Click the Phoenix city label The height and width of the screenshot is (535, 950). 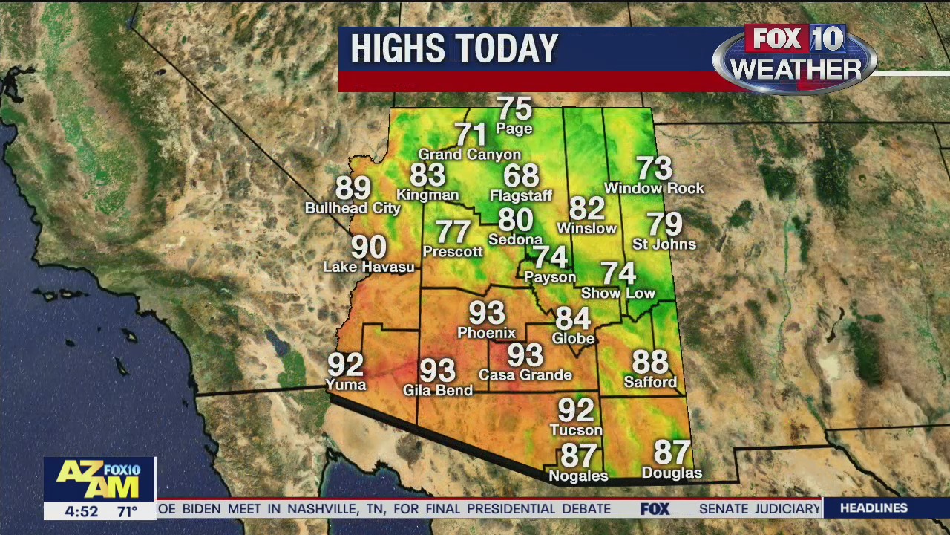[486, 333]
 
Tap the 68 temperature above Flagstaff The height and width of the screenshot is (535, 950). [521, 176]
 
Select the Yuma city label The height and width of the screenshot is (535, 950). [346, 384]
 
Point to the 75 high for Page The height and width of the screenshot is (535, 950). [514, 108]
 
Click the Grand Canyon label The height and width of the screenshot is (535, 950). [470, 155]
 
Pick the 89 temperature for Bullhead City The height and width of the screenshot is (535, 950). [353, 188]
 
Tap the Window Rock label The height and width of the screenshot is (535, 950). [654, 189]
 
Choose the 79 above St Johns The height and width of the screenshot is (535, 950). [664, 224]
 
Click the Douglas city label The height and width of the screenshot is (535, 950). [672, 473]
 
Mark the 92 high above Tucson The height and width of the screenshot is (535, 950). [576, 409]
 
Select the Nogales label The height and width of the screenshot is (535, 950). [578, 476]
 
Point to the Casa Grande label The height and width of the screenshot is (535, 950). [525, 375]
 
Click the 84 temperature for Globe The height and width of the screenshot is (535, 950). [573, 319]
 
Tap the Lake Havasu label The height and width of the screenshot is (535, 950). [369, 267]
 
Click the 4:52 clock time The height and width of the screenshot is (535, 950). [82, 511]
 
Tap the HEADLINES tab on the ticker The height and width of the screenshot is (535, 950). [874, 508]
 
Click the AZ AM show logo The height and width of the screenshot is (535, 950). [99, 479]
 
